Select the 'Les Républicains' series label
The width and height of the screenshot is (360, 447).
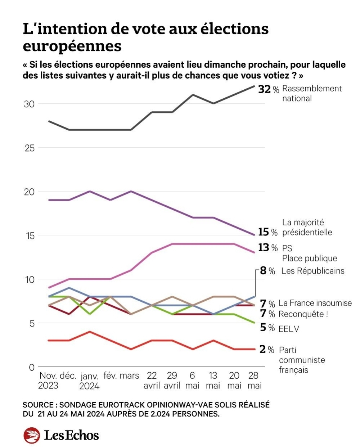point(313,271)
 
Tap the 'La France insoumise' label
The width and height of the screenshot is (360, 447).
point(315,303)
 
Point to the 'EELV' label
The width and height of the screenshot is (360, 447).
point(289,329)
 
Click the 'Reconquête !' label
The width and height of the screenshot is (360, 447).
point(303,314)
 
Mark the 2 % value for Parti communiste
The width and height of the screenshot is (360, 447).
point(267,349)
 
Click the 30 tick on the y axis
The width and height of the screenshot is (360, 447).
point(29,104)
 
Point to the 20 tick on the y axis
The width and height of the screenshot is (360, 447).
point(29,192)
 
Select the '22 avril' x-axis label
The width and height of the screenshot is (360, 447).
point(152,381)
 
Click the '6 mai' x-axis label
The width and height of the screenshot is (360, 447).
point(192,381)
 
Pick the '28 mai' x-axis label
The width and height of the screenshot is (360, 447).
point(254,381)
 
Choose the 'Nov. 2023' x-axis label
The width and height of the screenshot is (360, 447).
point(48,381)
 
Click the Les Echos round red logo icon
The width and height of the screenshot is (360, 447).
point(32,435)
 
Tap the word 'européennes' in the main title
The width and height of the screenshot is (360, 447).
point(72,46)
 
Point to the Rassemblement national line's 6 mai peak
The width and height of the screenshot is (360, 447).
point(193,95)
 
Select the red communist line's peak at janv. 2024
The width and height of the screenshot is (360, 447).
point(89,332)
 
